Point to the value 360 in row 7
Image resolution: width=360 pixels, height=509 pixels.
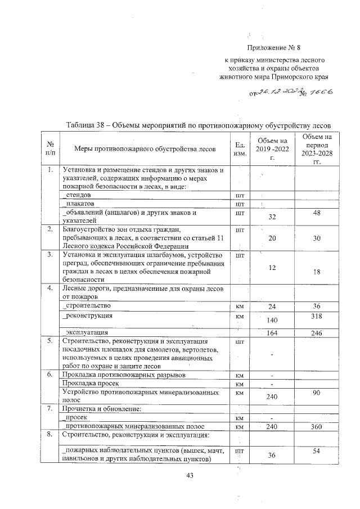tap(316, 427)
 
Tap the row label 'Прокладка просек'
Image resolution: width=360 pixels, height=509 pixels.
tap(89, 383)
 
